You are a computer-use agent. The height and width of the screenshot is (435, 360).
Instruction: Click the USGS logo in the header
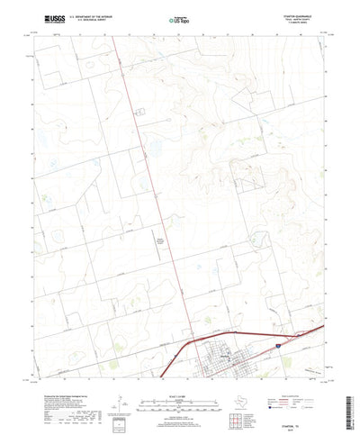pos(50,17)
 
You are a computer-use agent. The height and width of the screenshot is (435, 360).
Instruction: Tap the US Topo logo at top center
pos(179,17)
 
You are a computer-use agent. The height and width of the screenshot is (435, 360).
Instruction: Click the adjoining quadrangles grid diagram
pos(238,397)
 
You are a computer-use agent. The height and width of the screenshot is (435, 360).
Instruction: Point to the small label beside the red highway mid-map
pos(161,240)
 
